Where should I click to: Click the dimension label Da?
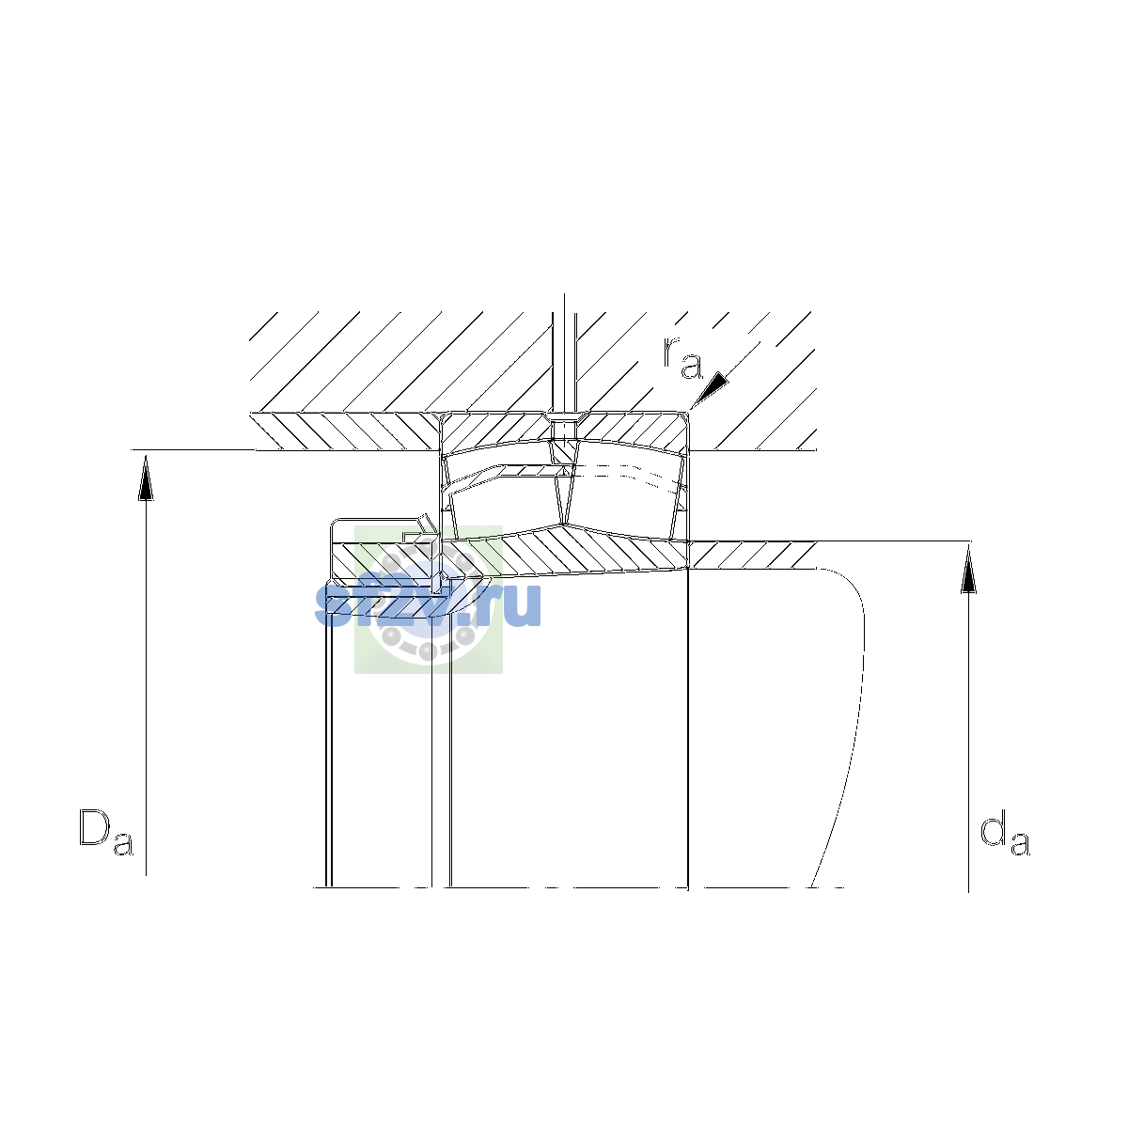[106, 832]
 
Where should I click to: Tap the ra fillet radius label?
[682, 357]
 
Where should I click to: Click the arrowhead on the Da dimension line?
[146, 478]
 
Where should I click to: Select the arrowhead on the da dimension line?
[969, 569]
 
